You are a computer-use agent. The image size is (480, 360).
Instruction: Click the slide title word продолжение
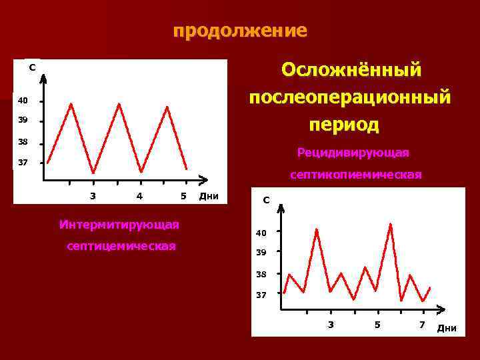(x=240, y=31)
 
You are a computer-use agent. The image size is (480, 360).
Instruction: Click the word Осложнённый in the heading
(x=351, y=69)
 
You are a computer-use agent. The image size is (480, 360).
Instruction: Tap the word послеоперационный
(x=349, y=97)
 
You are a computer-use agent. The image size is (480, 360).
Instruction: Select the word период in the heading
(x=344, y=125)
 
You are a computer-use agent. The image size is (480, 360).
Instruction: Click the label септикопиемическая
(x=355, y=175)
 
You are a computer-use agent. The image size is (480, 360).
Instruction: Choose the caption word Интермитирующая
(x=119, y=224)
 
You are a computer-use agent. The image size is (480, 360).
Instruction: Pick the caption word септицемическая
(x=121, y=246)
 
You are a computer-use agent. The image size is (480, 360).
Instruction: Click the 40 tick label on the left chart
(x=23, y=101)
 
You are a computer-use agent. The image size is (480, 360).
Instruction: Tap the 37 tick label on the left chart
(x=23, y=163)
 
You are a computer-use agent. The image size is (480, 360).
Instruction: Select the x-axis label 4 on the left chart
(x=139, y=196)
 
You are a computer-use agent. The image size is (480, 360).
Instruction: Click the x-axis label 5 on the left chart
(x=183, y=196)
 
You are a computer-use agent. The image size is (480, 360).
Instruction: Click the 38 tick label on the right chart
(x=261, y=274)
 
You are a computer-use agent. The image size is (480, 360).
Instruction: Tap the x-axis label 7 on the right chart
(x=421, y=325)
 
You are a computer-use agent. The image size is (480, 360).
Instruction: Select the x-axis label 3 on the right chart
(x=331, y=325)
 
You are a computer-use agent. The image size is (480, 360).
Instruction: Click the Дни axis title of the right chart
(x=447, y=327)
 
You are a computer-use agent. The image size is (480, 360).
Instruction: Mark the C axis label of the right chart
(x=266, y=199)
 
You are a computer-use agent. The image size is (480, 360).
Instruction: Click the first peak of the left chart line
(x=71, y=103)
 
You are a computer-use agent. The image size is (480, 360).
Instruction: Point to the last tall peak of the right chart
(x=390, y=224)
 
